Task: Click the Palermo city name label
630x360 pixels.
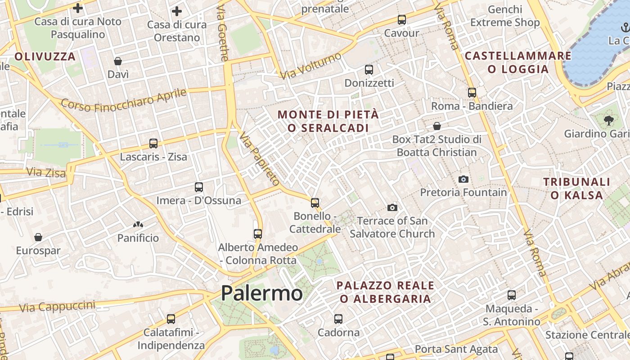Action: pyautogui.click(x=261, y=293)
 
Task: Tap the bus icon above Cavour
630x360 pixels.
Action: pyautogui.click(x=401, y=20)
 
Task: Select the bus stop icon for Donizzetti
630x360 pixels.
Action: pyautogui.click(x=369, y=70)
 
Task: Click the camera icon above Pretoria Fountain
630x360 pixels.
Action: pyautogui.click(x=463, y=180)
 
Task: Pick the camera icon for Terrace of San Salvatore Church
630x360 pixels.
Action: pyautogui.click(x=392, y=207)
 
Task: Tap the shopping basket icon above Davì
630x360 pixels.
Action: pyautogui.click(x=118, y=61)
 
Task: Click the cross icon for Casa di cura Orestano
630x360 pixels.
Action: pyautogui.click(x=177, y=11)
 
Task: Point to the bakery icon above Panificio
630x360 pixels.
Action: pyautogui.click(x=138, y=224)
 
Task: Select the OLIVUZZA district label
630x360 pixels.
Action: pyautogui.click(x=45, y=57)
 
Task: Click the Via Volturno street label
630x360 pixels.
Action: pyautogui.click(x=311, y=65)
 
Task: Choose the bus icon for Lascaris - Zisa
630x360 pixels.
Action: pyautogui.click(x=153, y=144)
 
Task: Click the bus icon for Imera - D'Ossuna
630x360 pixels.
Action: pyautogui.click(x=198, y=187)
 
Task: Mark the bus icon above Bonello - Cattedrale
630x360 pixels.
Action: pyautogui.click(x=315, y=202)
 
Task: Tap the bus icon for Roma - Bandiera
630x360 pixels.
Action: pyautogui.click(x=472, y=93)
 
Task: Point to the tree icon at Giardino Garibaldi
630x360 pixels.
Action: pyautogui.click(x=609, y=120)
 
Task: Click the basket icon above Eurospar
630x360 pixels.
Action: pyautogui.click(x=38, y=237)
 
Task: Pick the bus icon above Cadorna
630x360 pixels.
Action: pyautogui.click(x=338, y=319)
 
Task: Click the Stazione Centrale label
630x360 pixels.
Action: pyautogui.click(x=585, y=335)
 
